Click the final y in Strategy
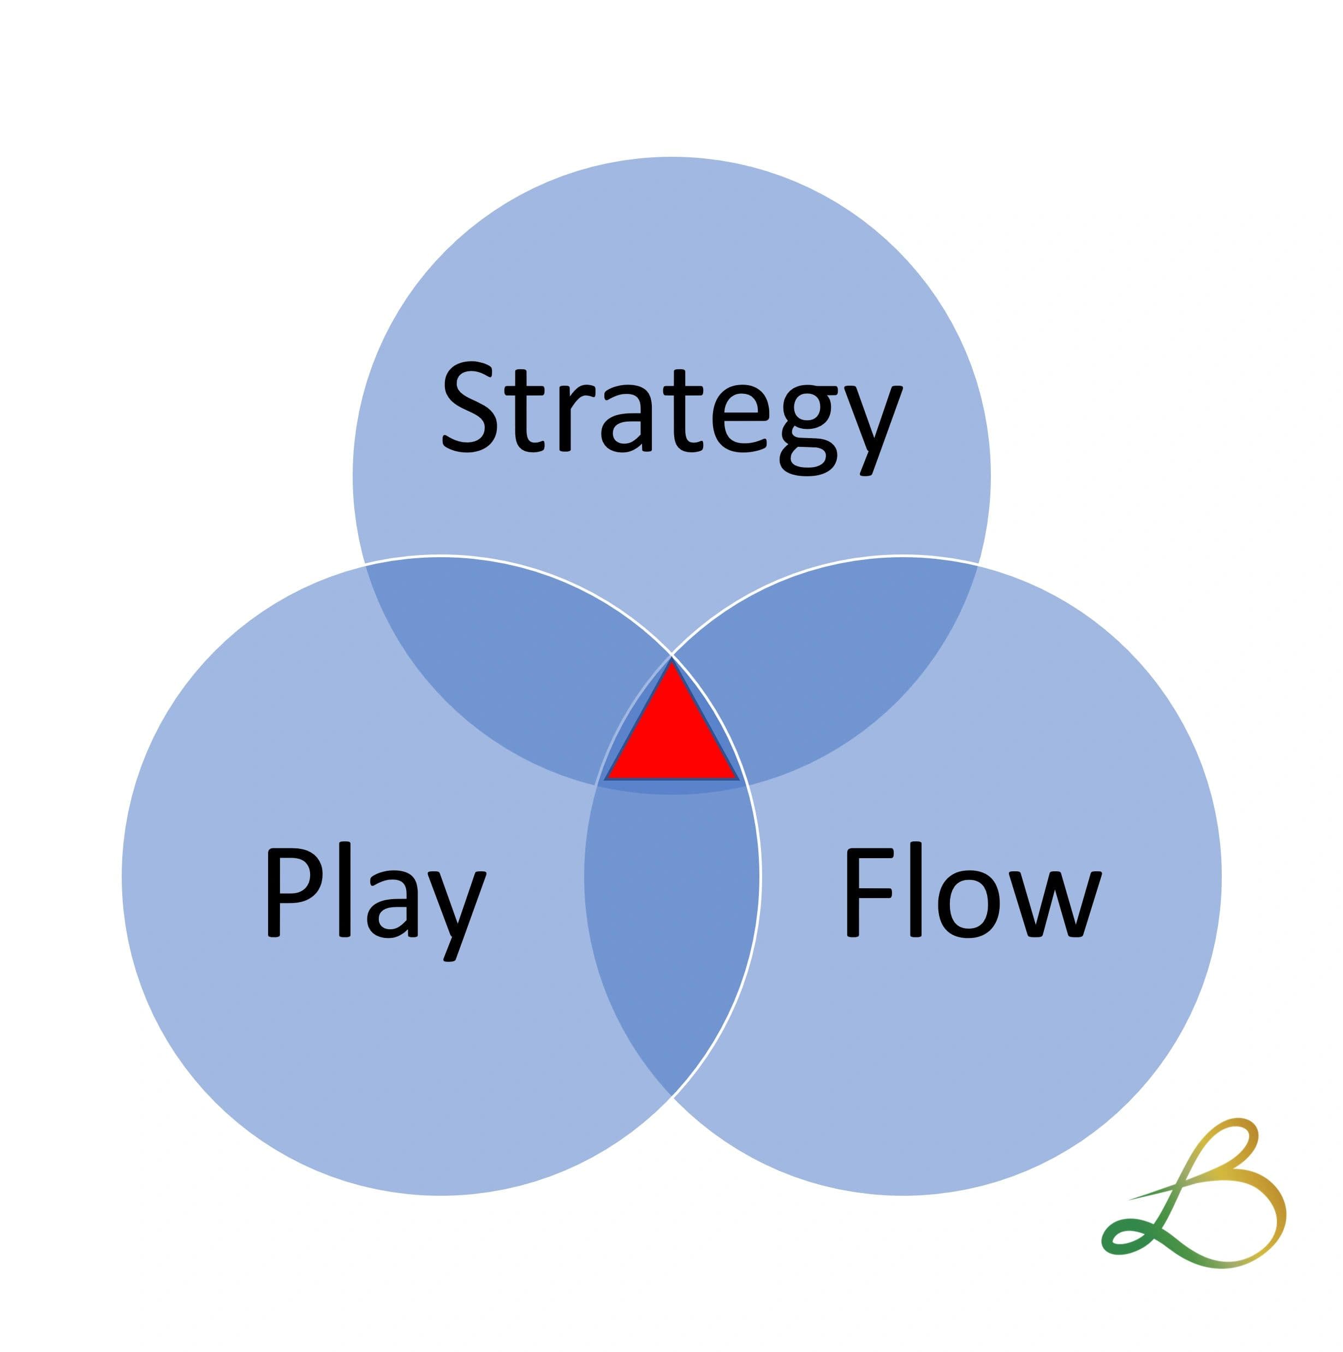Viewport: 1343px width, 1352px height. (875, 427)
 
